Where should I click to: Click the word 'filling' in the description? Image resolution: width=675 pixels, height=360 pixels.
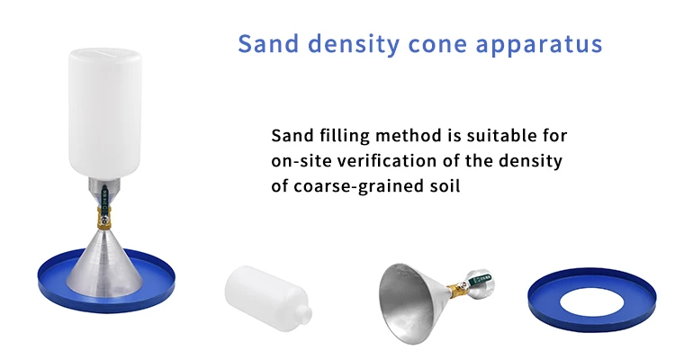click(341, 136)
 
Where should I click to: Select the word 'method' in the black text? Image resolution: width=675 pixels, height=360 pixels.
click(412, 136)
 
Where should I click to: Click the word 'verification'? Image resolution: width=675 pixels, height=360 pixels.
click(393, 161)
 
